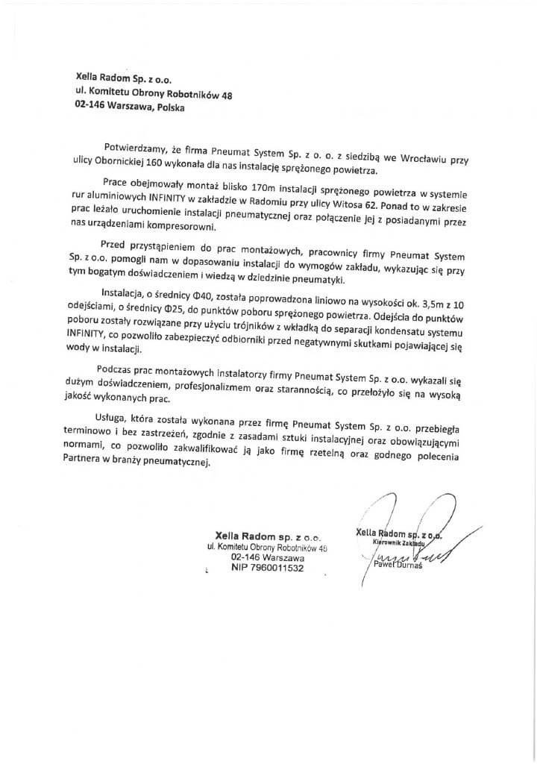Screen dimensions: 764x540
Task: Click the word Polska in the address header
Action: point(165,106)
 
